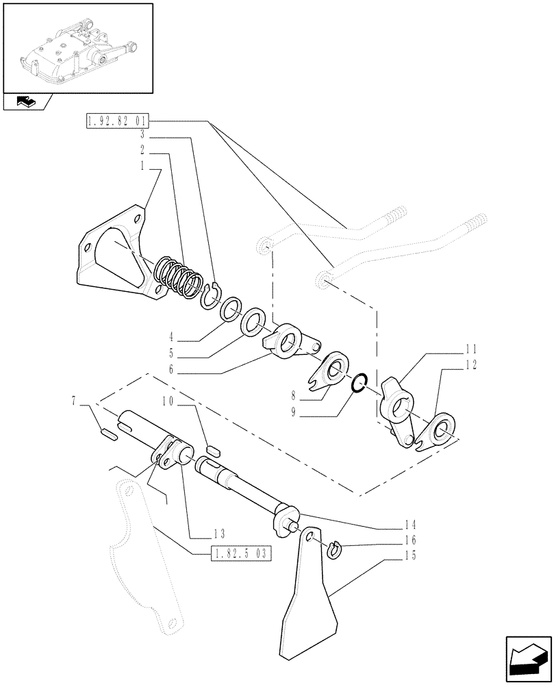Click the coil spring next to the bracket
coord(177,277)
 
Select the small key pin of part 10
coord(212,450)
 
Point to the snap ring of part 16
coord(333,549)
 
